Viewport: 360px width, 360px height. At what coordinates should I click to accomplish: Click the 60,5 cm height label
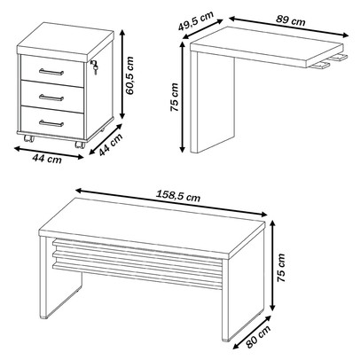tap(130, 75)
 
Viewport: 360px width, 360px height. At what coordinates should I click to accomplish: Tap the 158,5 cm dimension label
tap(178, 195)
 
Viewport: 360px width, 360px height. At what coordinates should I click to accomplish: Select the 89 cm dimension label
tap(291, 20)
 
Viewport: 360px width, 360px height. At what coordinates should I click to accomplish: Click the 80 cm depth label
tap(259, 336)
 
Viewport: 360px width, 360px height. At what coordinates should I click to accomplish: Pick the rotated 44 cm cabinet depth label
tap(111, 145)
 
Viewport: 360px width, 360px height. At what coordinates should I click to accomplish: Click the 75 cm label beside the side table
tap(175, 98)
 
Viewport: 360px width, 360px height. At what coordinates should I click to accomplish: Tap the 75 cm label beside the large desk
tap(281, 268)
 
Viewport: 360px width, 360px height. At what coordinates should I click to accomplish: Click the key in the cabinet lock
tap(94, 65)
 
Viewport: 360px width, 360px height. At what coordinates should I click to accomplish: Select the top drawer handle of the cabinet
tap(51, 72)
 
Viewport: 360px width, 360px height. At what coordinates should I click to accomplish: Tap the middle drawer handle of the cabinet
tap(51, 98)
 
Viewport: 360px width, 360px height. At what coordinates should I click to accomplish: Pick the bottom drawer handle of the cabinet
tap(51, 123)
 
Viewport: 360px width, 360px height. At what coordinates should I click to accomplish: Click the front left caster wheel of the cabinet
tap(29, 138)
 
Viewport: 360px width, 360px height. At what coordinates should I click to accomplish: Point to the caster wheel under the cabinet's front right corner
tap(80, 145)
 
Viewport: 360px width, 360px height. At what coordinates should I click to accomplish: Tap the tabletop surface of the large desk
tap(153, 223)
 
